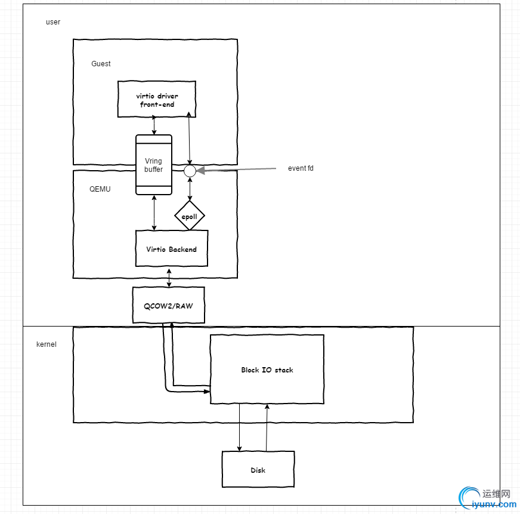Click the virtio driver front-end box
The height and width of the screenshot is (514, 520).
coord(157,99)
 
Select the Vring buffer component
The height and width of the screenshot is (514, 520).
coord(154,165)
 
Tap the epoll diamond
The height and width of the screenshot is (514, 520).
coord(190,216)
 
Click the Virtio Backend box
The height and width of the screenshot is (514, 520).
coord(172,248)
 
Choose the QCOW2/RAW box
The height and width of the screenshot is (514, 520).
coord(168,305)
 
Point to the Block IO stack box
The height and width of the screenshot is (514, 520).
coord(267,370)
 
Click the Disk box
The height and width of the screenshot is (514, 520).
coord(258,469)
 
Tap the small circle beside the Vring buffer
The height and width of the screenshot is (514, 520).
coord(190,171)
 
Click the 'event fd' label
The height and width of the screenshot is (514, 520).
coord(301,168)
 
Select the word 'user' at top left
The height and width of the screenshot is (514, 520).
coord(53,22)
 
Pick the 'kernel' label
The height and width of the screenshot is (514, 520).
coord(47,344)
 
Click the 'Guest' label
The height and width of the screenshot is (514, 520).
coord(101,64)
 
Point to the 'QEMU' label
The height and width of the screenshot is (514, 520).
coord(100,189)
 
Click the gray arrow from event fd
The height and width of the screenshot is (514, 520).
coord(239,170)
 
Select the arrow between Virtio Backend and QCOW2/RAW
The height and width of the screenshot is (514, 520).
coord(169,277)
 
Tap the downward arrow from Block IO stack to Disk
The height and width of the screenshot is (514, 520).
coord(240,427)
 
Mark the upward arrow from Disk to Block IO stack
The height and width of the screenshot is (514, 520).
coord(267,427)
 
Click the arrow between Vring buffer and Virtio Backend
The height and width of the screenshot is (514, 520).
coord(154,213)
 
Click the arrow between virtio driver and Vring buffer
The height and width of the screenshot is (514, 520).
coord(154,125)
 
